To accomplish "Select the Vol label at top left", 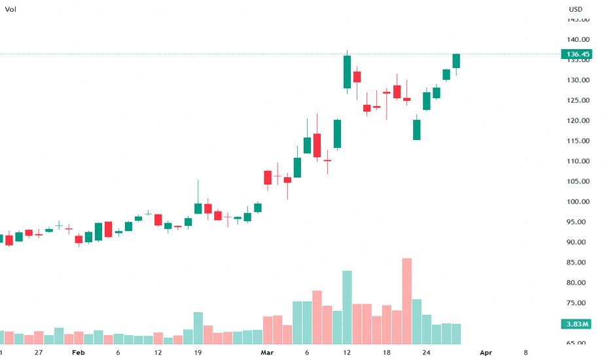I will tap(10, 9).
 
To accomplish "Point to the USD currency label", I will tap(576, 9).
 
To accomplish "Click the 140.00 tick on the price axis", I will tap(579, 39).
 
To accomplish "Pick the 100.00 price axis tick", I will tap(579, 202).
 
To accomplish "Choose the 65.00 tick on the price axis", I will tap(577, 343).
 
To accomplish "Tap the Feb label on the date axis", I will tap(79, 353).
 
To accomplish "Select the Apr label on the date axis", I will tap(486, 353).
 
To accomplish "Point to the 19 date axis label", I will tap(198, 353).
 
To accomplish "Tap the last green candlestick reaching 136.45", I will tap(456, 61).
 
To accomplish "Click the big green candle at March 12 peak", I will tap(347, 72).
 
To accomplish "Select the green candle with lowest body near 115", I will tap(416, 130).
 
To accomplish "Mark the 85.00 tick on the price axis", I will tap(579, 262).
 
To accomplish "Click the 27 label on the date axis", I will tap(39, 353).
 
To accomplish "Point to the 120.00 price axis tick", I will tap(579, 120).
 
